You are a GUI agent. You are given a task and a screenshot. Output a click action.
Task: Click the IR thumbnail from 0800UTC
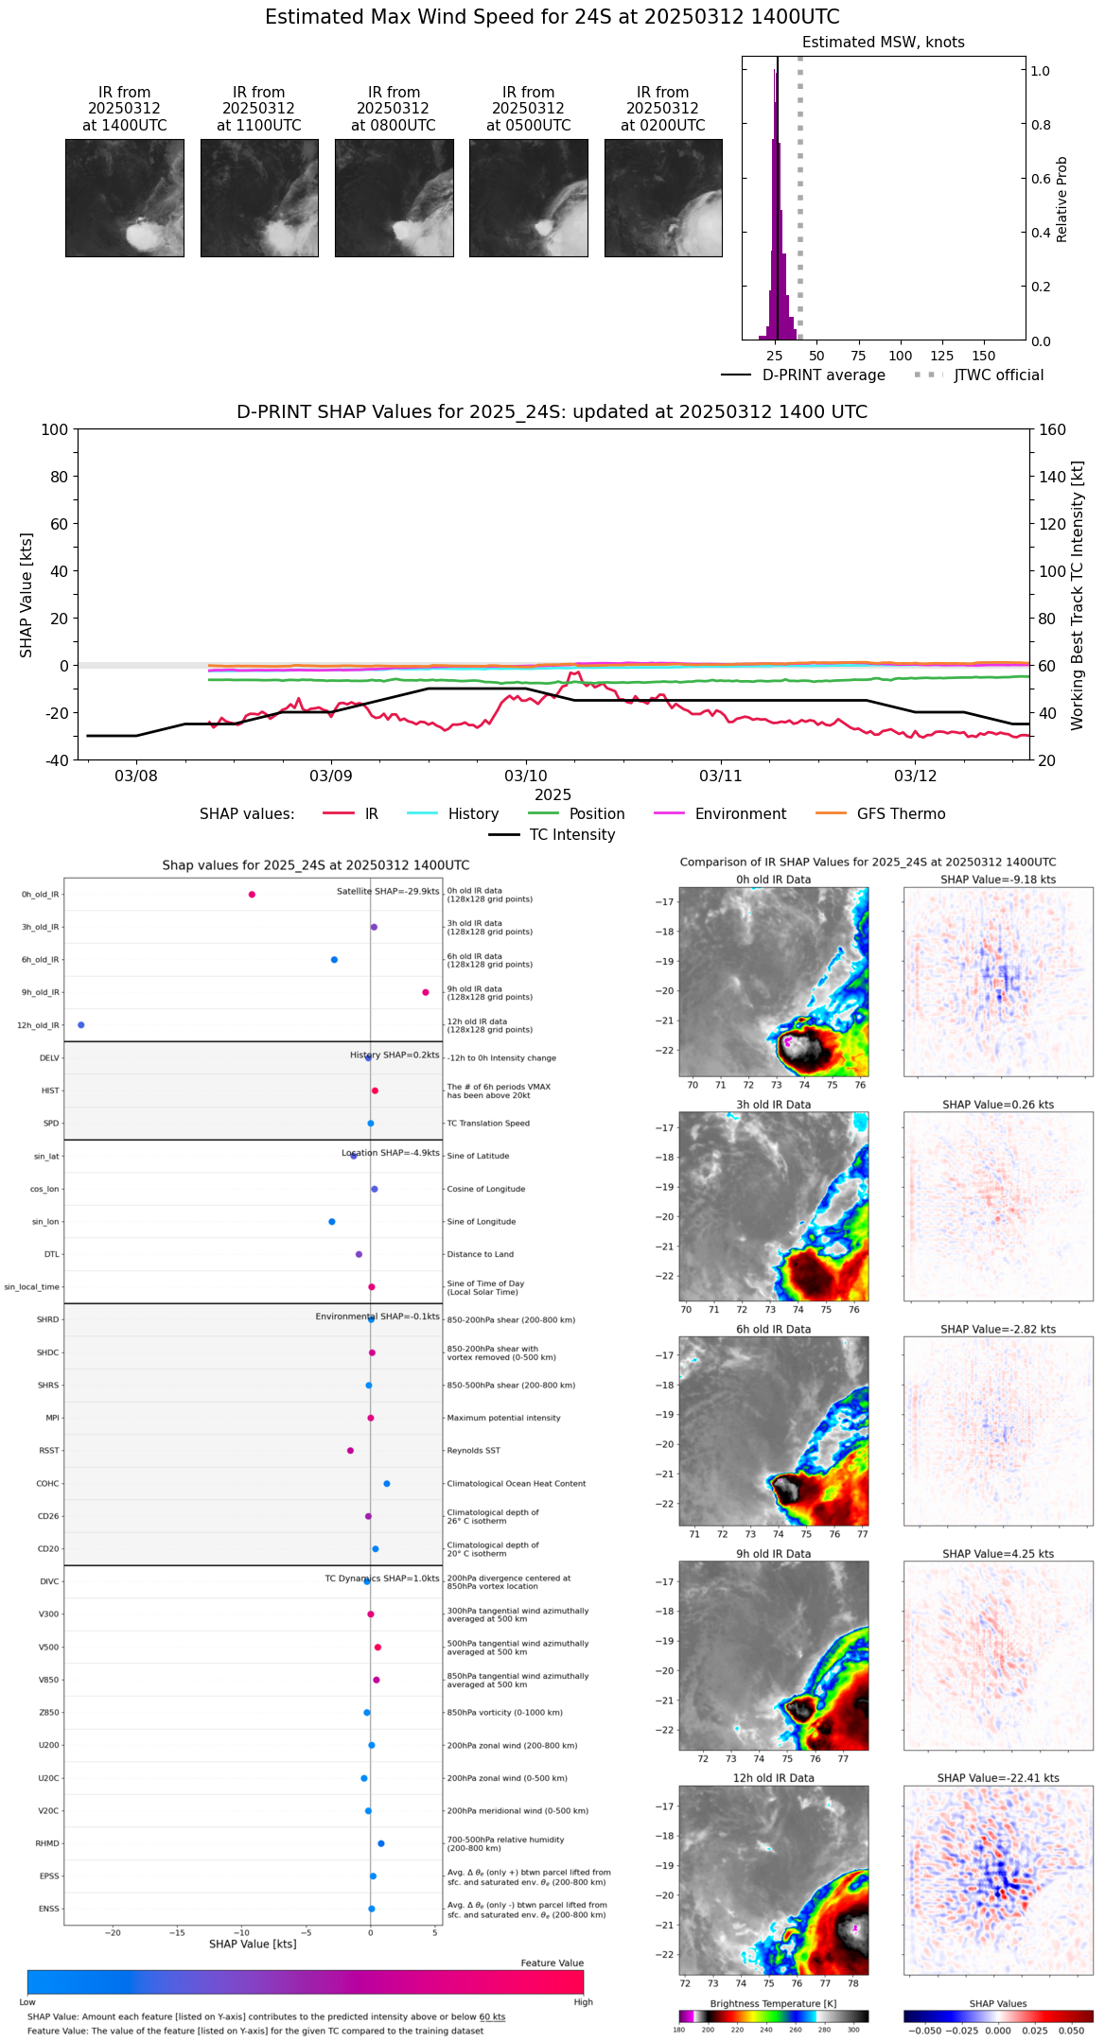[394, 198]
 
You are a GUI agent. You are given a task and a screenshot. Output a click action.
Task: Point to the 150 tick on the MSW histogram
[984, 356]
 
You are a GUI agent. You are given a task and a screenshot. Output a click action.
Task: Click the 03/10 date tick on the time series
[526, 776]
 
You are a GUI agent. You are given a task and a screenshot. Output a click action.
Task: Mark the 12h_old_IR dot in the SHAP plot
[81, 1025]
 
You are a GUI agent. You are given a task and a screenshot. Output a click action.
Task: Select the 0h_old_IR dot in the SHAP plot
[252, 895]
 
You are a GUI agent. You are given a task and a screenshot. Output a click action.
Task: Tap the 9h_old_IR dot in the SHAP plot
[426, 992]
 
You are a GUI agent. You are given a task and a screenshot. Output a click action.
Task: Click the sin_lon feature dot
[332, 1222]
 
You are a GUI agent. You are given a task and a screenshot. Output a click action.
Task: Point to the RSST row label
[49, 1451]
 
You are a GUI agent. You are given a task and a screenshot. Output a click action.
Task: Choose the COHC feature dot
[387, 1484]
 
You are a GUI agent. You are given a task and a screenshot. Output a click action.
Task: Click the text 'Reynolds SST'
[473, 1451]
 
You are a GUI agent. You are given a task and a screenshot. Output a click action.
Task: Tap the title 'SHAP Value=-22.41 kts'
[998, 1778]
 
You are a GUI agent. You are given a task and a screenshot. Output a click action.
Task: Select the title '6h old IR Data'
[773, 1329]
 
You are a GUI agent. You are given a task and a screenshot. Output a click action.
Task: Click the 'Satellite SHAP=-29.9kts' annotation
[388, 891]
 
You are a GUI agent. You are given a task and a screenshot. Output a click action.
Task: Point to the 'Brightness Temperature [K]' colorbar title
[773, 2003]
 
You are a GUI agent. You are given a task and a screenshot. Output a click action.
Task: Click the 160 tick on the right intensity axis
[1052, 430]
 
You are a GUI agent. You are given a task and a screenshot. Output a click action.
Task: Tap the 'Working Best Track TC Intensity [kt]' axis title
[1078, 596]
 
